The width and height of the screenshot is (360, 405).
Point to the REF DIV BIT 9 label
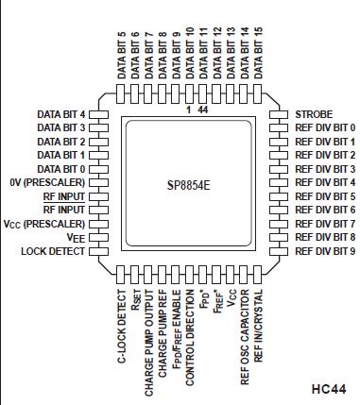click(325, 251)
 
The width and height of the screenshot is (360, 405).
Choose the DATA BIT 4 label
click(61, 113)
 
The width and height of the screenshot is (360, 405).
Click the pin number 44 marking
click(203, 109)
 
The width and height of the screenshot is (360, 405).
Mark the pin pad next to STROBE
click(279, 113)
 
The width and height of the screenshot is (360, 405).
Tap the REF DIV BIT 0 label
click(325, 127)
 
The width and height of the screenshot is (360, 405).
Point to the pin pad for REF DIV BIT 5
click(279, 196)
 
